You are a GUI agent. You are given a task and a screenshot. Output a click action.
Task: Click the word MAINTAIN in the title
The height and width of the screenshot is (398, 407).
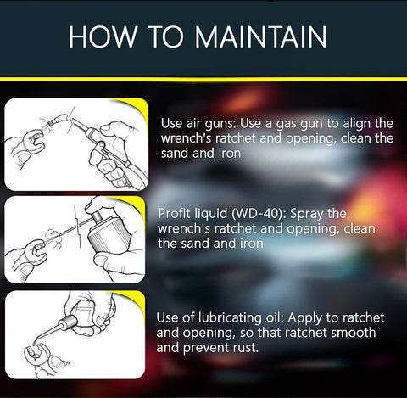(x=260, y=36)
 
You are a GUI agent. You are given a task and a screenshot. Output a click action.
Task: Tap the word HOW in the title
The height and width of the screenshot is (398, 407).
(x=102, y=36)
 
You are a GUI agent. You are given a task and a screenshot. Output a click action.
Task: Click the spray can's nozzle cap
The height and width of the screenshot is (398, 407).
(x=98, y=216)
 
